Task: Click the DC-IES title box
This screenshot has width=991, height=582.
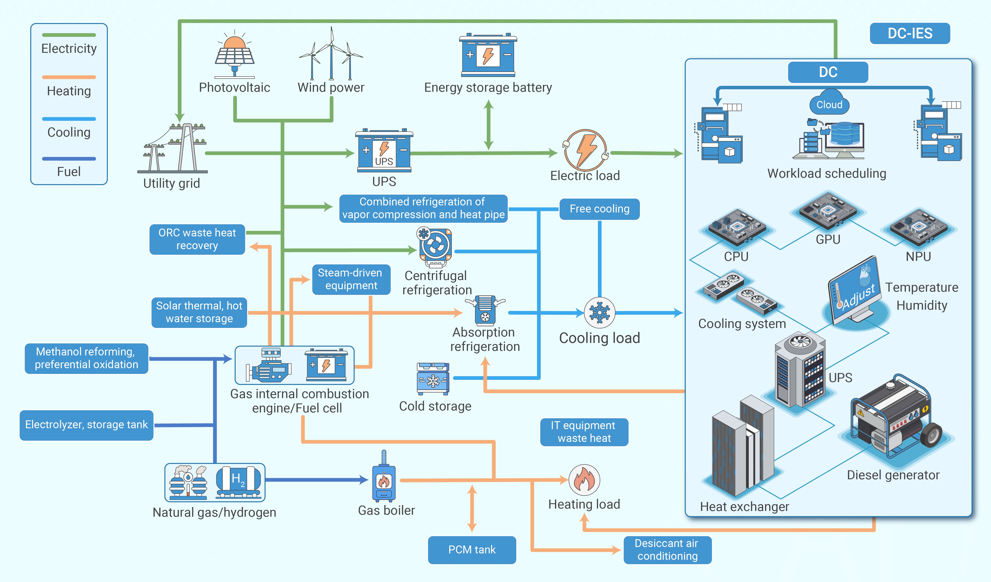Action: pyautogui.click(x=910, y=33)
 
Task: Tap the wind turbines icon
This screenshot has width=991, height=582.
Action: pyautogui.click(x=331, y=55)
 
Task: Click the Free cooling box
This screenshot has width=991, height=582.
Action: pyautogui.click(x=599, y=209)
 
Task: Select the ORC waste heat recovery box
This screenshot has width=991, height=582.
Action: pyautogui.click(x=197, y=239)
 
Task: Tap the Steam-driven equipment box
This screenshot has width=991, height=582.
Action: pyautogui.click(x=351, y=279)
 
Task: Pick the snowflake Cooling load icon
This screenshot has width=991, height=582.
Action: pyautogui.click(x=599, y=313)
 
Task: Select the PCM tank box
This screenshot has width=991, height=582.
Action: pyautogui.click(x=472, y=550)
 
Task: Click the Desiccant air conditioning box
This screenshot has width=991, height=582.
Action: pyautogui.click(x=667, y=550)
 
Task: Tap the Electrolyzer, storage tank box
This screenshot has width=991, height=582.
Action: pyautogui.click(x=86, y=425)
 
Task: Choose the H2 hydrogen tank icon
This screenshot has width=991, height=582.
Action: pyautogui.click(x=238, y=482)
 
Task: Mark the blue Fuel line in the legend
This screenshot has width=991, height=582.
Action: pyautogui.click(x=69, y=159)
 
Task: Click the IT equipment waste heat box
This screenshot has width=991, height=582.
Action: pyautogui.click(x=584, y=432)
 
